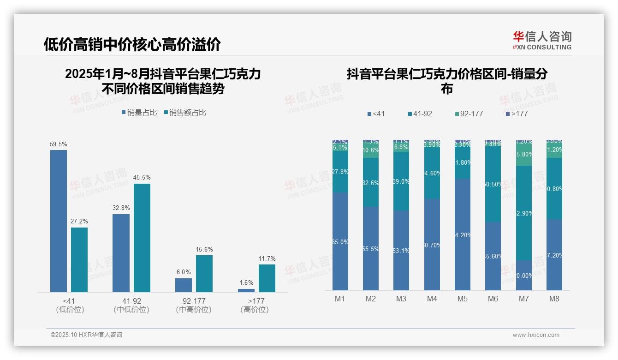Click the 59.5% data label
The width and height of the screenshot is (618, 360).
click(59, 144)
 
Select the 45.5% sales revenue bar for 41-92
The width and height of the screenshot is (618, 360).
click(142, 238)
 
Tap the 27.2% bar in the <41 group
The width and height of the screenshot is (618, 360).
click(79, 259)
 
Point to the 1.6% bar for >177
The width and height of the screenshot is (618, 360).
click(246, 290)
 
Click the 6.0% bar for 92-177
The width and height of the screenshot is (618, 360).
click(184, 285)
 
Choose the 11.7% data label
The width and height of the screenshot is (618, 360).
click(267, 258)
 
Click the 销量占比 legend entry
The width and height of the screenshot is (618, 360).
click(139, 112)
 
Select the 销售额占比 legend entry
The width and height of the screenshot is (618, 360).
click(185, 112)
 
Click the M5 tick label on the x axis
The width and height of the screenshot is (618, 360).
click(463, 299)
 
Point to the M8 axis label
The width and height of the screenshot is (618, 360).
click(554, 299)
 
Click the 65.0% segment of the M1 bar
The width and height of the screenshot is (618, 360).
click(340, 241)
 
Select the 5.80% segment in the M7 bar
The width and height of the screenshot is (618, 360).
click(524, 154)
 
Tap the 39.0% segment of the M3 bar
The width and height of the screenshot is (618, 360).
click(401, 181)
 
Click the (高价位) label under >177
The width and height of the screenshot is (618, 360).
click(254, 310)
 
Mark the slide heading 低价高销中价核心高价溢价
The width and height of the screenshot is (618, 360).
click(132, 44)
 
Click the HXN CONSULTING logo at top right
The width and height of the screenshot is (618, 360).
click(542, 41)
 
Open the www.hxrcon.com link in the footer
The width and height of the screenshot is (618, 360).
click(536, 335)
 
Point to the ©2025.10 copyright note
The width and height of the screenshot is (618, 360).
click(86, 335)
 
